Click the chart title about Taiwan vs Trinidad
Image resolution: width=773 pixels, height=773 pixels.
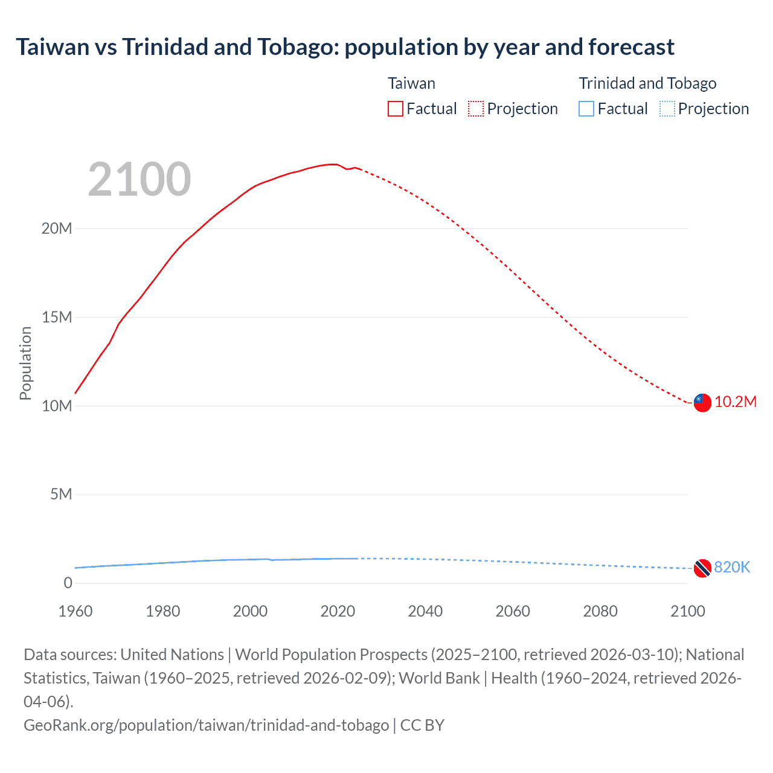click(x=345, y=47)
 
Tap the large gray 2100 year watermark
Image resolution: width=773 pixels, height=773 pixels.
click(x=140, y=179)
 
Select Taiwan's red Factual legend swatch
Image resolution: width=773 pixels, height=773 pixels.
click(x=396, y=109)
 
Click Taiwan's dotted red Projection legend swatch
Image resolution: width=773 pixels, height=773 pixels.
click(x=476, y=109)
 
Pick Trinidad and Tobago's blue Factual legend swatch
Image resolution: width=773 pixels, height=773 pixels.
click(x=586, y=109)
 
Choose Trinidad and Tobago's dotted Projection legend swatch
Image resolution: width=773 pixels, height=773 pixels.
click(x=667, y=109)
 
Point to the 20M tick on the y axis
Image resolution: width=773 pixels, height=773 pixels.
click(x=57, y=228)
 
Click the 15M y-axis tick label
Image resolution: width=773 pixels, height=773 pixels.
click(x=57, y=317)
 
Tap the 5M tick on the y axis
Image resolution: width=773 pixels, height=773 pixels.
click(x=61, y=494)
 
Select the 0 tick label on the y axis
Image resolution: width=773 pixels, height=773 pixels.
click(x=68, y=583)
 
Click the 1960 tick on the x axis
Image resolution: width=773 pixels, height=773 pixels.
click(x=75, y=611)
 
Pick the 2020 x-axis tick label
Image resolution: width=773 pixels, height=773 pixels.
click(x=338, y=611)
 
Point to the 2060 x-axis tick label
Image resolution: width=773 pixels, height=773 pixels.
click(x=513, y=611)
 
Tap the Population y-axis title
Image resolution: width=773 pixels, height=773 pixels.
click(x=25, y=363)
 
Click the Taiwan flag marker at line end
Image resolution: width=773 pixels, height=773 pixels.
click(x=702, y=402)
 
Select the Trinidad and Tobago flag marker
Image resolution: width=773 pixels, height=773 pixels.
click(x=702, y=568)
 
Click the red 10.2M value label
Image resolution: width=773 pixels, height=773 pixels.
click(x=736, y=402)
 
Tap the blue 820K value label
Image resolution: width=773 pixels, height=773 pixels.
click(x=732, y=567)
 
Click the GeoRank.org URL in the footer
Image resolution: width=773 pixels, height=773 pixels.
click(x=206, y=725)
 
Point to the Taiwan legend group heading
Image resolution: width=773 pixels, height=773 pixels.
click(x=411, y=83)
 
